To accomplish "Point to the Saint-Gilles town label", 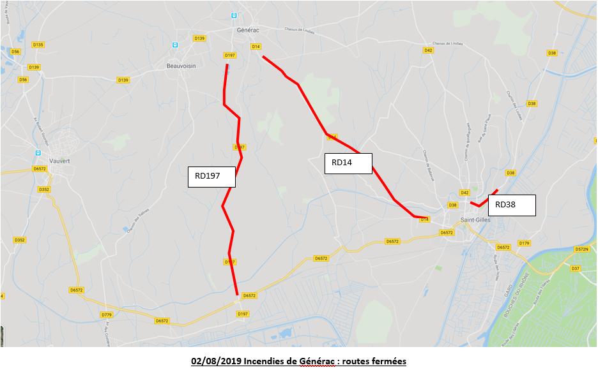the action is point(473,220).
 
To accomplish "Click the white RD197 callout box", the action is point(211,177).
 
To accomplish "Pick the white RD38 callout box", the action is point(511,205).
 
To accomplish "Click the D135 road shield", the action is point(38,45).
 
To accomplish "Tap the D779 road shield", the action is point(107,314).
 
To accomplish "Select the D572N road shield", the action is point(581,249).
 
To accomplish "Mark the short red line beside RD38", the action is point(484,199).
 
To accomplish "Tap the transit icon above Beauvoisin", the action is point(174,45).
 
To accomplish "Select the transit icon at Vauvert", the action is point(38,153).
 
